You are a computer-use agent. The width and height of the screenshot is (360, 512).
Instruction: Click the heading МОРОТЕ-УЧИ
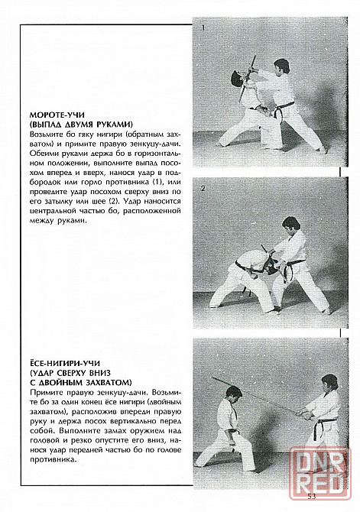(x=57, y=115)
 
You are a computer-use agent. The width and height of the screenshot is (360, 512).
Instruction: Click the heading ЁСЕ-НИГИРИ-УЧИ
(x=65, y=363)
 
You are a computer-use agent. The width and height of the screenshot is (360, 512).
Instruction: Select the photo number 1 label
(x=203, y=28)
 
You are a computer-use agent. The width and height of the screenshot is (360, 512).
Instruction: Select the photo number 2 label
(x=203, y=189)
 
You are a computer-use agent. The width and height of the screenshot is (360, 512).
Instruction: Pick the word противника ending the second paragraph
(x=52, y=460)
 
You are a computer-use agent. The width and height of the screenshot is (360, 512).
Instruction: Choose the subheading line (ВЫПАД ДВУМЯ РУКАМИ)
(x=81, y=125)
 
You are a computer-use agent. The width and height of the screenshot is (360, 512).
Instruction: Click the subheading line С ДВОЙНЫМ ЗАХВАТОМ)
(x=81, y=382)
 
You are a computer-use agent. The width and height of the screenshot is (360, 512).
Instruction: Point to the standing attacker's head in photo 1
(x=281, y=66)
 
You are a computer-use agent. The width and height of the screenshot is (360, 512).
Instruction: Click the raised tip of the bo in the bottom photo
(x=212, y=378)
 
